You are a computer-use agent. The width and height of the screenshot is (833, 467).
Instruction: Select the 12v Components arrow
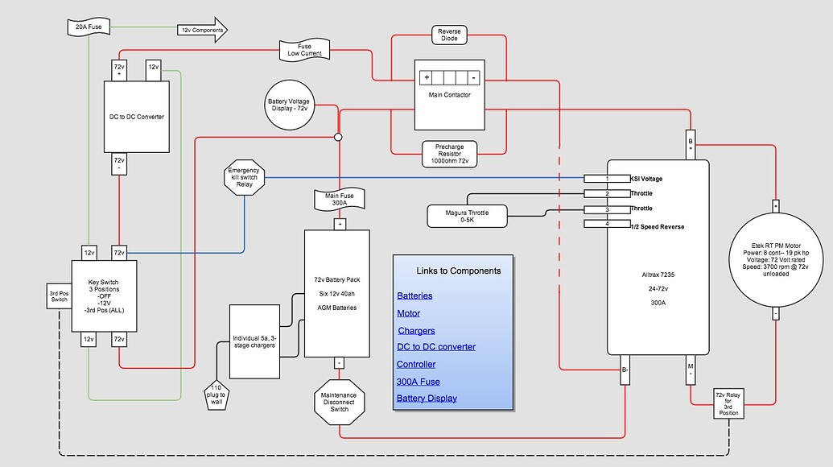(202, 30)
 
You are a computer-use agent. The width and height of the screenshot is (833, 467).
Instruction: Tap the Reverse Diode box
(449, 35)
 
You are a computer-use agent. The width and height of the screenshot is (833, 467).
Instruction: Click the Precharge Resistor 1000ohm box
(449, 153)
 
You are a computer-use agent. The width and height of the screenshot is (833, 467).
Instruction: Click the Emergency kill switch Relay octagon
(245, 177)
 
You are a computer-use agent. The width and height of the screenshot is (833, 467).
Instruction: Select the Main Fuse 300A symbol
(340, 198)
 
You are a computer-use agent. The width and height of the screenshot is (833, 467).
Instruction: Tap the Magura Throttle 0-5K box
(467, 215)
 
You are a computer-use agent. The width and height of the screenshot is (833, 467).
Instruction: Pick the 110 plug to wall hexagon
(216, 393)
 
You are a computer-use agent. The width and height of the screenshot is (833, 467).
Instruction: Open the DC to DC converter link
(435, 347)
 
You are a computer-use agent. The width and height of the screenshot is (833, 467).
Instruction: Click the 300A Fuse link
(419, 382)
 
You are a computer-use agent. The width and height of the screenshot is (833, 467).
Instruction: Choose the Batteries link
(414, 295)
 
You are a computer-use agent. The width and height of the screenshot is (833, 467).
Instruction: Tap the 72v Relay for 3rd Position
(732, 403)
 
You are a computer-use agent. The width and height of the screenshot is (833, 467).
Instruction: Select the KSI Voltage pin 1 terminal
(607, 178)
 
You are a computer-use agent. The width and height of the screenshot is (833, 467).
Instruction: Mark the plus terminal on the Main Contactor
(427, 78)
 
